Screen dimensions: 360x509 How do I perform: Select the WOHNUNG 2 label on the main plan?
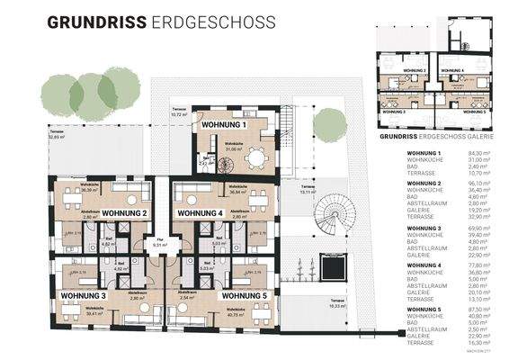(126, 213)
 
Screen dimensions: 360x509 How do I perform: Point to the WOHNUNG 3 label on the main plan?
(83, 295)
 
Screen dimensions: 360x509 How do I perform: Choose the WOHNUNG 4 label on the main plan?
(200, 213)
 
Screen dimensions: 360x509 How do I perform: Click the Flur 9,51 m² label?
(160, 241)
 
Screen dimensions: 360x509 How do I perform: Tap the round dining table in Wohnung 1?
(258, 157)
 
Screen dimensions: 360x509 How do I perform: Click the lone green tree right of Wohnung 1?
(331, 124)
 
